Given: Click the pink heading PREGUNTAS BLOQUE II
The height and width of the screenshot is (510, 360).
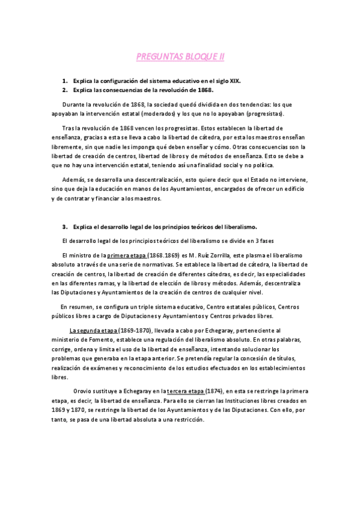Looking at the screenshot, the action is tap(180, 57).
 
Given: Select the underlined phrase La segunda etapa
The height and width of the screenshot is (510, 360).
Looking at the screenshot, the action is tap(93, 330).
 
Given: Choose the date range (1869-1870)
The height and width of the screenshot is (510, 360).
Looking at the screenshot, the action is tap(136, 330).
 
